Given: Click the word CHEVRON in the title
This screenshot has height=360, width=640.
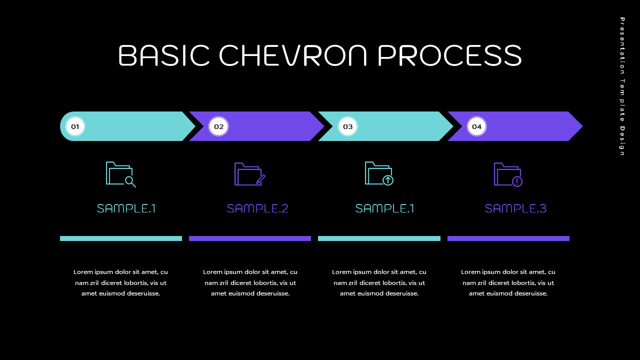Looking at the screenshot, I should [293, 55].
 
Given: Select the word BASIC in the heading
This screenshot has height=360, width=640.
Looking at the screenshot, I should [164, 55].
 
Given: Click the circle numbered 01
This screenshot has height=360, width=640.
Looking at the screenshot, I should [75, 126].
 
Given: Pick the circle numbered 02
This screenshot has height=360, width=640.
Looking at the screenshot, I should [218, 126].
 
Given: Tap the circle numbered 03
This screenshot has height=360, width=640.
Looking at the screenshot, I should [347, 126].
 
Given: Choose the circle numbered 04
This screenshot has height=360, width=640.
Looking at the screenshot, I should [476, 126].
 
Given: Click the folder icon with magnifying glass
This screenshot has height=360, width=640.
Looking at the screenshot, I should [120, 174].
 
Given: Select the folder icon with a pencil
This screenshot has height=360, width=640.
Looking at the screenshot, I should [249, 174].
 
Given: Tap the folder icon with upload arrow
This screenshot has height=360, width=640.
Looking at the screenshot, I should [379, 174].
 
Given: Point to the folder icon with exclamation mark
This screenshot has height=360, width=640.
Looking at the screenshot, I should [508, 174].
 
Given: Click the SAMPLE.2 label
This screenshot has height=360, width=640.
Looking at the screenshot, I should [257, 208].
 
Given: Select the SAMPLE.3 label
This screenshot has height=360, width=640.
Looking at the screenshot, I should [515, 208].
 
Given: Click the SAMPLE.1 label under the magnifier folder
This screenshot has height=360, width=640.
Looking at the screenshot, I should [126, 208].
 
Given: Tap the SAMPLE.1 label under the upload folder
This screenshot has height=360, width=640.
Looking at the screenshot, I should [384, 208].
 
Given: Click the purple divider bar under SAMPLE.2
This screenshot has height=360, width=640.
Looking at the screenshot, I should [250, 238].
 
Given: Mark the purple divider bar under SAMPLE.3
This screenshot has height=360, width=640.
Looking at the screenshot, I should [508, 238].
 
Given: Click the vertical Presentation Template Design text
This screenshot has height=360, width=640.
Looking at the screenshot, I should [622, 86].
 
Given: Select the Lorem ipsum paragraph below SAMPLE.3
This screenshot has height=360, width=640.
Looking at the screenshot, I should [508, 282].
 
